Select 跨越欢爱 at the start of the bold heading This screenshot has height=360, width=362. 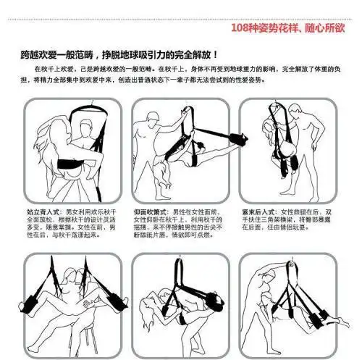click(x=36, y=54)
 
